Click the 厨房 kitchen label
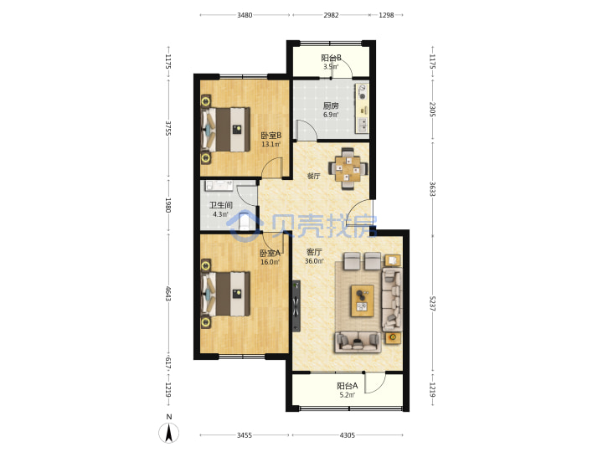pos(331,105)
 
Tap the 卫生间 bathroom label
pos(221,205)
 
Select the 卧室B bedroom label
pos(271,136)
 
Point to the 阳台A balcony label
pos(348,386)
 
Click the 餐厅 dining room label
pos(313,176)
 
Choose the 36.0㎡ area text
pos(314,261)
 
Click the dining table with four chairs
pos(348,169)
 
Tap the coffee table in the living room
pos(363,301)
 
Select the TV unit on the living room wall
pos(296,306)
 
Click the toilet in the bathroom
pos(245,221)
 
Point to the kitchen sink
pos(363,124)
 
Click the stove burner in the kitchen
pos(363,92)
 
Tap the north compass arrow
pos(168,434)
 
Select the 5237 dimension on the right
pos(432,304)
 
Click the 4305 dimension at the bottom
pos(348,435)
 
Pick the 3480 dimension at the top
pos(245,15)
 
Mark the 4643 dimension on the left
pos(168,293)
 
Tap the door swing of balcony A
pos(375,383)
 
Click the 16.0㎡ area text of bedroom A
pos(270,262)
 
